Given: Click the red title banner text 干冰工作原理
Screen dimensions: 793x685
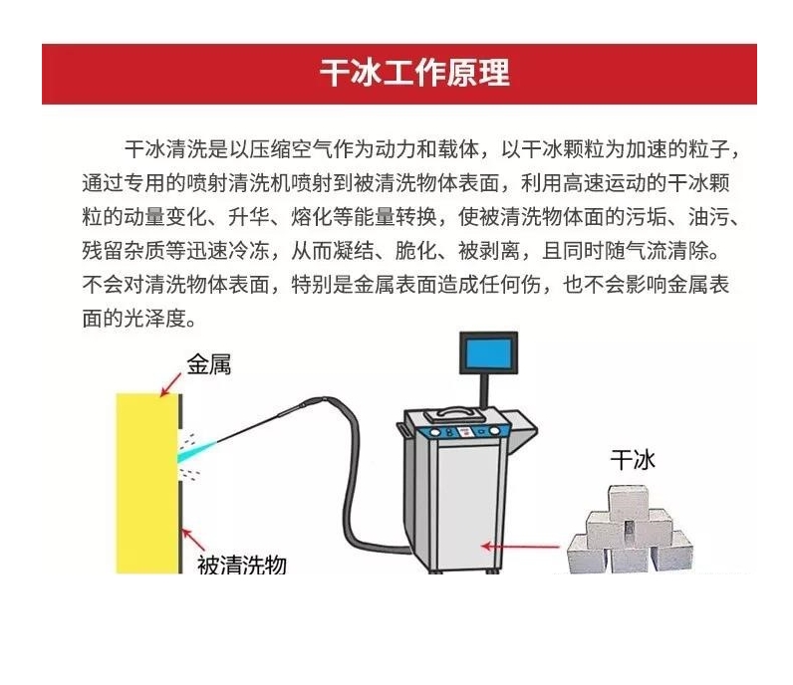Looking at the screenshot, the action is pos(414,73).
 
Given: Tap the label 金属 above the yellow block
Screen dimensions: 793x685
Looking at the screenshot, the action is pos(209,364).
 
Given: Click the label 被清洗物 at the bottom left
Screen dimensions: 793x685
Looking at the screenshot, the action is pos(242,565).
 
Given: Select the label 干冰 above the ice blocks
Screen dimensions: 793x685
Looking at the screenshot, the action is pos(633,460).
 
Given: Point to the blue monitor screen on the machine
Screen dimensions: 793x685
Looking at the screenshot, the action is pos(488,352).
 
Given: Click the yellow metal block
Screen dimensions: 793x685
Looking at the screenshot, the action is pos(147,483).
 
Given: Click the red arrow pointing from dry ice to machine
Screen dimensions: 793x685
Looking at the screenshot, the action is pos(520,546).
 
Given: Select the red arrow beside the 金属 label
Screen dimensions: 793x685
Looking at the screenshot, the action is pos(171,384).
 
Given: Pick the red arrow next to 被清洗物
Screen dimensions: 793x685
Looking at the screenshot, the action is pos(193,540).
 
